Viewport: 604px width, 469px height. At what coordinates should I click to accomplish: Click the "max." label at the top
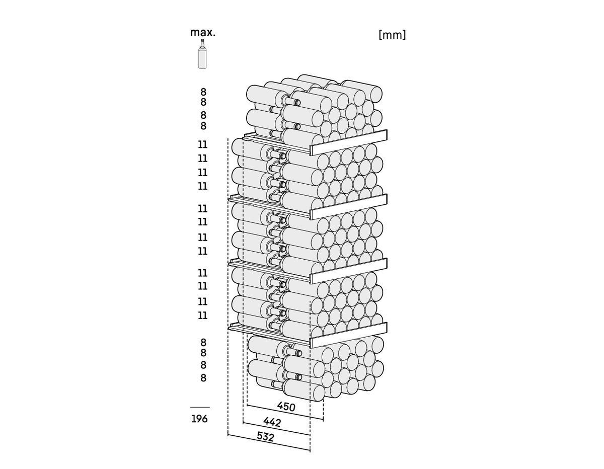[203, 33]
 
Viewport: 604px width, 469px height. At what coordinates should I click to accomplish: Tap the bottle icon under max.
[202, 54]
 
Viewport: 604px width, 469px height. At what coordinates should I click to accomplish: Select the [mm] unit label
[392, 35]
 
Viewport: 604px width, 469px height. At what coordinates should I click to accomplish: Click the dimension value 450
[286, 407]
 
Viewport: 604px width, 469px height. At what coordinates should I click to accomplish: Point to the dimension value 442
[272, 422]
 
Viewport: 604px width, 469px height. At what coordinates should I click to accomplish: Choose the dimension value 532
[265, 437]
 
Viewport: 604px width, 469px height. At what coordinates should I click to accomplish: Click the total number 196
[199, 419]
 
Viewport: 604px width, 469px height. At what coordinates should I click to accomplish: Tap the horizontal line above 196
[200, 407]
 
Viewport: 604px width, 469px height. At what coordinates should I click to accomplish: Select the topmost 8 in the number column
[203, 92]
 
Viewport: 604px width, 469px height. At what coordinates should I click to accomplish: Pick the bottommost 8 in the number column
[203, 378]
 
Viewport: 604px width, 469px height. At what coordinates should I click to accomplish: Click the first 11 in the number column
[203, 144]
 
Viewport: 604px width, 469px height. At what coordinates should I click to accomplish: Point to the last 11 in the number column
[203, 316]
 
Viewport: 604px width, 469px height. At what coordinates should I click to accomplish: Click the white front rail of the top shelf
[348, 142]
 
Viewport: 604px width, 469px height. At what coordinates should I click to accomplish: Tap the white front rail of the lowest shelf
[348, 335]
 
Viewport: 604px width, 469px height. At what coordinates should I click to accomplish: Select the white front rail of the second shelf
[348, 207]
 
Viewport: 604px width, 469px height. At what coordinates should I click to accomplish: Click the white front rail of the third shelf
[348, 271]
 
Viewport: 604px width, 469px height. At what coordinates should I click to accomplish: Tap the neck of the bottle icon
[203, 44]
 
